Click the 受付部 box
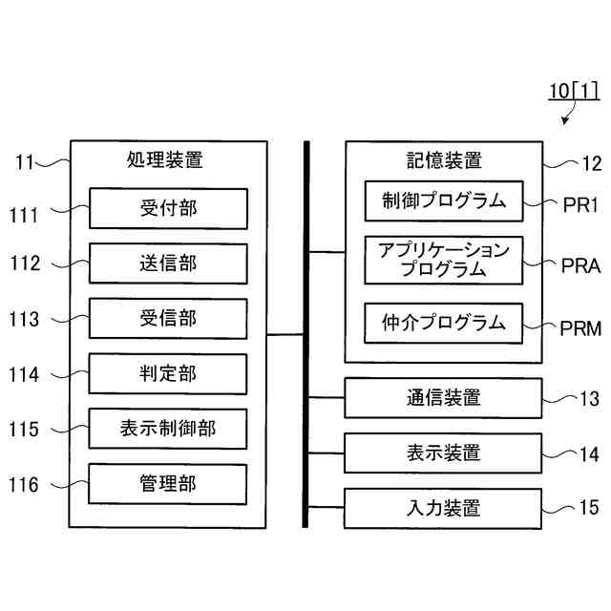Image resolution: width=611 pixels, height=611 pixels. (x=168, y=208)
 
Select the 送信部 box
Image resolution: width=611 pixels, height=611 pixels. (x=168, y=263)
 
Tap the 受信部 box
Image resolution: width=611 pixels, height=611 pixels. (x=168, y=318)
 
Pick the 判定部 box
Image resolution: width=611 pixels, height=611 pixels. (x=168, y=373)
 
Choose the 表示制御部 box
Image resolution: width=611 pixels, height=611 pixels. (x=168, y=429)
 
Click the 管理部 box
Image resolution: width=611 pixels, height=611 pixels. (x=168, y=484)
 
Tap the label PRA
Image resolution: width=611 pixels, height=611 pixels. (x=580, y=266)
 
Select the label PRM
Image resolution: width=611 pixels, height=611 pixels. (x=580, y=329)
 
